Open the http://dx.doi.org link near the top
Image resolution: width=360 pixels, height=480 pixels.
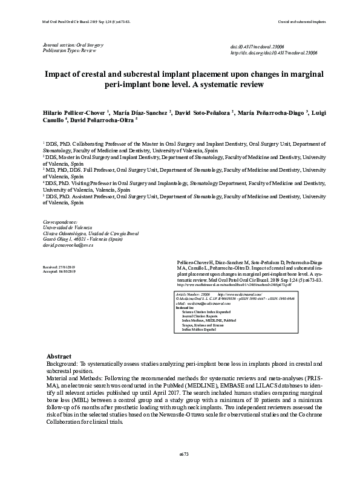(x=275, y=53)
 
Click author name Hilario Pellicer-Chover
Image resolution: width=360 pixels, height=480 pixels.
(x=74, y=112)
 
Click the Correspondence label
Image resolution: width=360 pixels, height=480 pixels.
(x=61, y=222)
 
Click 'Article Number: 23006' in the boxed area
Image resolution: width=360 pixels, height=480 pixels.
(x=193, y=293)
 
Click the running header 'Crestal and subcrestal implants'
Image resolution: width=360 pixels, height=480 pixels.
(x=301, y=21)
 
